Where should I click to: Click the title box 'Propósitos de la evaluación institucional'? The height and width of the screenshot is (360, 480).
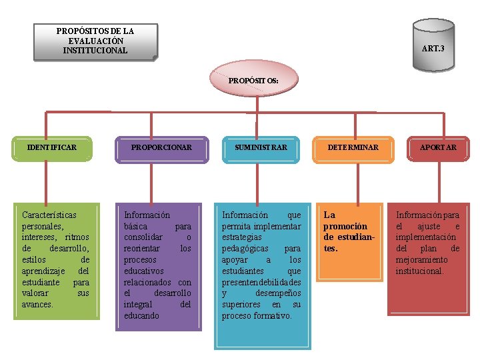pos(96,41)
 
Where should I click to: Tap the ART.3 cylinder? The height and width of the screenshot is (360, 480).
pos(433,45)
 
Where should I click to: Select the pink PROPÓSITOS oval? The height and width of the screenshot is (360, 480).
pos(253,81)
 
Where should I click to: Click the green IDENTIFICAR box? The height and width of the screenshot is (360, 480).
pos(51,148)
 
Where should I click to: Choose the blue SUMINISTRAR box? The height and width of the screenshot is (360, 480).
pos(261,148)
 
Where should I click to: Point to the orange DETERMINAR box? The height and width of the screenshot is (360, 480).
pos(353,148)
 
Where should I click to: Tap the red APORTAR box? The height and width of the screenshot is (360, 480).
pos(438,148)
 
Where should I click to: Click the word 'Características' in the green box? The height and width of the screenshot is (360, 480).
pos(49,215)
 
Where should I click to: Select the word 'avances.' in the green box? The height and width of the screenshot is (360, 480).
pos(39,305)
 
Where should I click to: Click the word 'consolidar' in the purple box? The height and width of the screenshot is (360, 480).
pos(143,237)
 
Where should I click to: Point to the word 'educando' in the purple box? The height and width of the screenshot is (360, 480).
pos(141,316)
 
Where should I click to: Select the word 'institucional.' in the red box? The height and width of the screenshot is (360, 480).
pos(419,271)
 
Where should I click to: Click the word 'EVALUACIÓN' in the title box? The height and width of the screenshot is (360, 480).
pos(96,41)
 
